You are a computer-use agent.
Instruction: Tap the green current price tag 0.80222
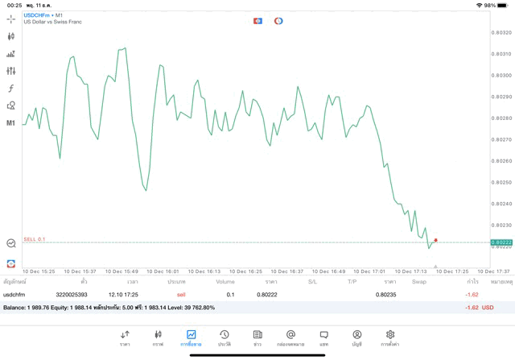501,242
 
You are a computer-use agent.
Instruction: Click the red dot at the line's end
435,239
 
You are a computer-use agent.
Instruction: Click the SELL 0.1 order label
35,239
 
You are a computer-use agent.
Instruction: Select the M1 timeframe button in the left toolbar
11,123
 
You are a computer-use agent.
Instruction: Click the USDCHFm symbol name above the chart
37,15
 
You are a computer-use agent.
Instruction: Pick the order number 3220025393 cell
72,295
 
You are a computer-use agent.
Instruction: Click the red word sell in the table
181,295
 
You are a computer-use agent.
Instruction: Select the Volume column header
225,282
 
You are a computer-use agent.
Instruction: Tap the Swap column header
418,282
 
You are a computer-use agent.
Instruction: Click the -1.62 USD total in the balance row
478,308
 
